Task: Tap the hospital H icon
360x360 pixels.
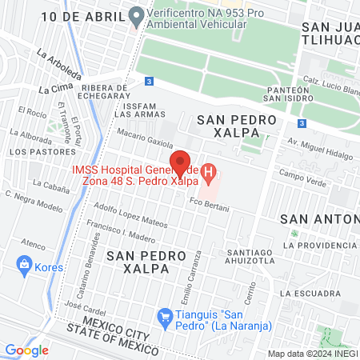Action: point(209,170)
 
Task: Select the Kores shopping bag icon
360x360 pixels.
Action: point(25,264)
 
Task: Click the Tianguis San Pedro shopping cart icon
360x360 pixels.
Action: point(165,317)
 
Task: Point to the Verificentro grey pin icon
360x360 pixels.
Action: point(136,15)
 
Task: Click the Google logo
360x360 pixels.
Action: point(27,350)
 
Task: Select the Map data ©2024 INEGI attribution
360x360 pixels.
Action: point(312,353)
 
